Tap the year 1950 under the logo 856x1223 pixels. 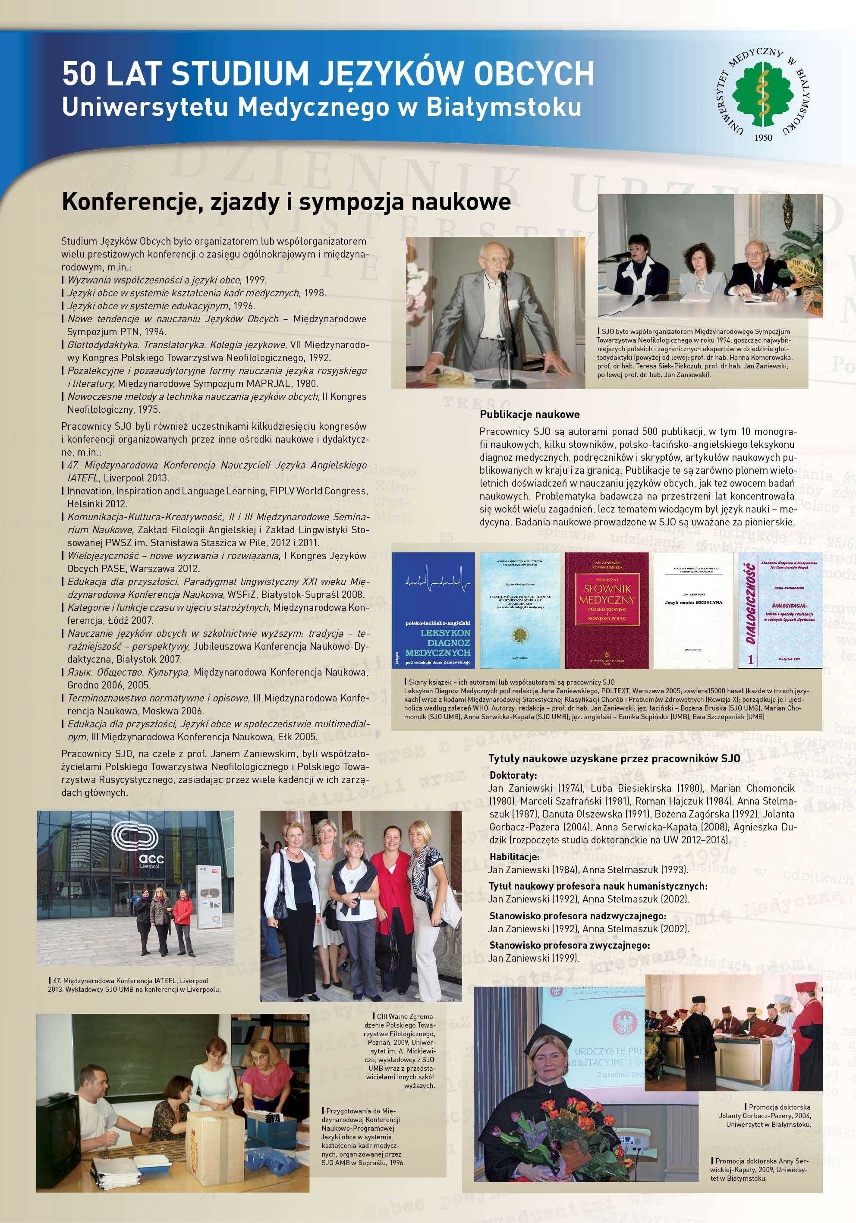point(763,138)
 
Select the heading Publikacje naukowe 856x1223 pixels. point(529,415)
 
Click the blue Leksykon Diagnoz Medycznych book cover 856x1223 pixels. point(433,610)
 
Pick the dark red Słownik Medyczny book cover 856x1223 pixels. point(607,610)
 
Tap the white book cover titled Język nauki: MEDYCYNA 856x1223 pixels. point(693,610)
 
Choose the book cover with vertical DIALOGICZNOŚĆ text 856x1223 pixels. point(780,610)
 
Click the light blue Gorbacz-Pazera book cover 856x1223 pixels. point(520,610)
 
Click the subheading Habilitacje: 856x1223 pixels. point(514,857)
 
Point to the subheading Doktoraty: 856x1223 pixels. point(513,776)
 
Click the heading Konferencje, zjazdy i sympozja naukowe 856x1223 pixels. point(286,202)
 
